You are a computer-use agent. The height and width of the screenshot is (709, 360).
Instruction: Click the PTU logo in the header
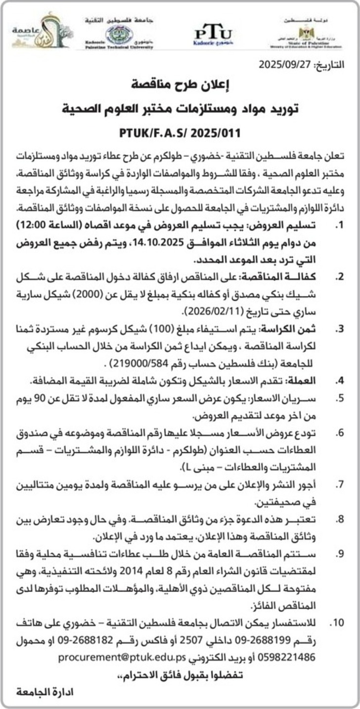pos(213,34)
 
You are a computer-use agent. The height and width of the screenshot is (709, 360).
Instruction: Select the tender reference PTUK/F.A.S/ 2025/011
pos(180,134)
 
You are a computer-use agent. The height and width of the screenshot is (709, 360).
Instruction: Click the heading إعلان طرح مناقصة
pos(180,85)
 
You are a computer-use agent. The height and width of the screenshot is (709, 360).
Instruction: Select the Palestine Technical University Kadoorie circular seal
pos(119,34)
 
